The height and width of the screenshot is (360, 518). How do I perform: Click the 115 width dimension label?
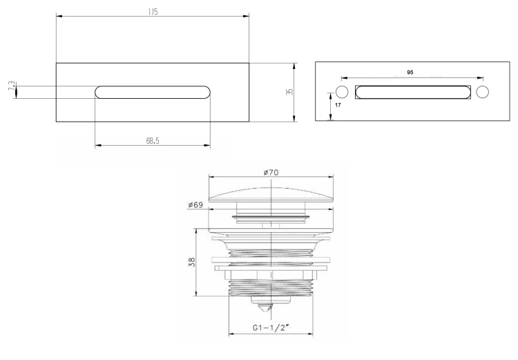click(153, 12)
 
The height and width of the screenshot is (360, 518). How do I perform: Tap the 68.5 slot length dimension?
click(153, 141)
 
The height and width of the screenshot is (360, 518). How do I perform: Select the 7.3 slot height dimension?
click(12, 87)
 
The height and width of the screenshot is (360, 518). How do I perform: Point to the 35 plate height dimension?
click(290, 92)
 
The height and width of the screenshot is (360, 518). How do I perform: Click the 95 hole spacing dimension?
click(410, 73)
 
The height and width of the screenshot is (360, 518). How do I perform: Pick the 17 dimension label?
click(338, 105)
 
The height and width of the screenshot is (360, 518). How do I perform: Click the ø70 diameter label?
click(271, 172)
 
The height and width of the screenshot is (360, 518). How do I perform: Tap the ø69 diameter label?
click(195, 205)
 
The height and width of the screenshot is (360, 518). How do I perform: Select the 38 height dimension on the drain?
click(192, 262)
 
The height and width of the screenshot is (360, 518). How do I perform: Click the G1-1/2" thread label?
click(271, 328)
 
